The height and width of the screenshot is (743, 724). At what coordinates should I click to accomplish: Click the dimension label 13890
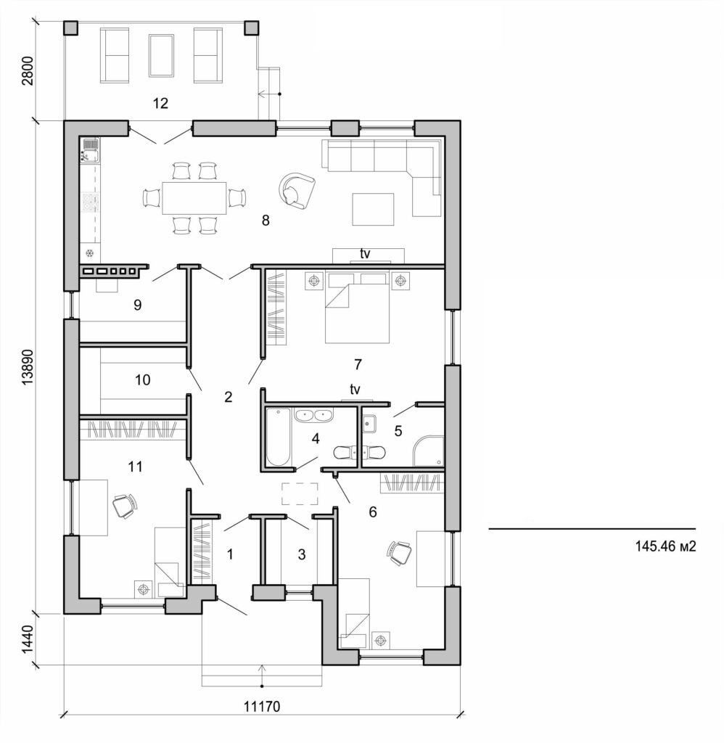(x=28, y=367)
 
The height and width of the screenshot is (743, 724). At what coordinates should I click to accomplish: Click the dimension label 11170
(x=262, y=705)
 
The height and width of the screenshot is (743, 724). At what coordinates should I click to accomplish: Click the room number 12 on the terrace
(x=160, y=103)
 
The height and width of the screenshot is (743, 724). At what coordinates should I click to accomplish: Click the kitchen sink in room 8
(x=90, y=150)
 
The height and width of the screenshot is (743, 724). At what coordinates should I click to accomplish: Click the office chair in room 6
(x=399, y=552)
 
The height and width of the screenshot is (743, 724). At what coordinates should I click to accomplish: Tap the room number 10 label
(x=142, y=379)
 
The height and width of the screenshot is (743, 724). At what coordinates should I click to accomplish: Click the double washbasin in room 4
(x=313, y=416)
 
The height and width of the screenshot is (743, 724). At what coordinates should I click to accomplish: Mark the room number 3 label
(x=302, y=554)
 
